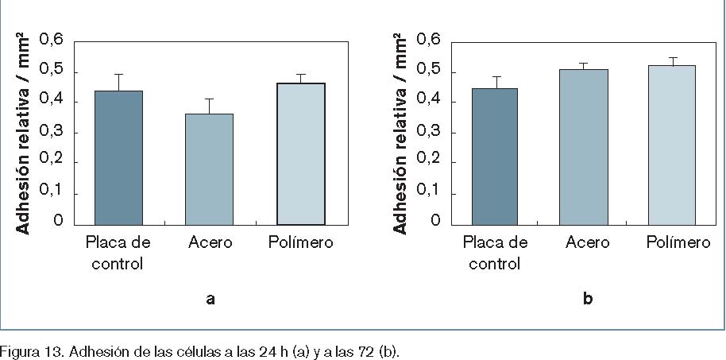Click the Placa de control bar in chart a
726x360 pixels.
[x=118, y=157]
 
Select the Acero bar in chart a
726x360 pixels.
[x=209, y=168]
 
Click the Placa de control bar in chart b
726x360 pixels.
[x=494, y=157]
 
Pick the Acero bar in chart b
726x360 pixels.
[x=583, y=147]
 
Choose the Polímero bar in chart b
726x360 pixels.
[x=672, y=145]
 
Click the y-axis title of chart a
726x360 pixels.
[x=24, y=133]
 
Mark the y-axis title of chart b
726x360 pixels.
[x=401, y=133]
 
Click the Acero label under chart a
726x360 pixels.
[x=210, y=242]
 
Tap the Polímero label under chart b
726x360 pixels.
[x=679, y=242]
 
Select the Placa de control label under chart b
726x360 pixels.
[x=495, y=252]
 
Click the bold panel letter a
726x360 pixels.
[x=210, y=299]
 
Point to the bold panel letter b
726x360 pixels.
[x=587, y=299]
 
